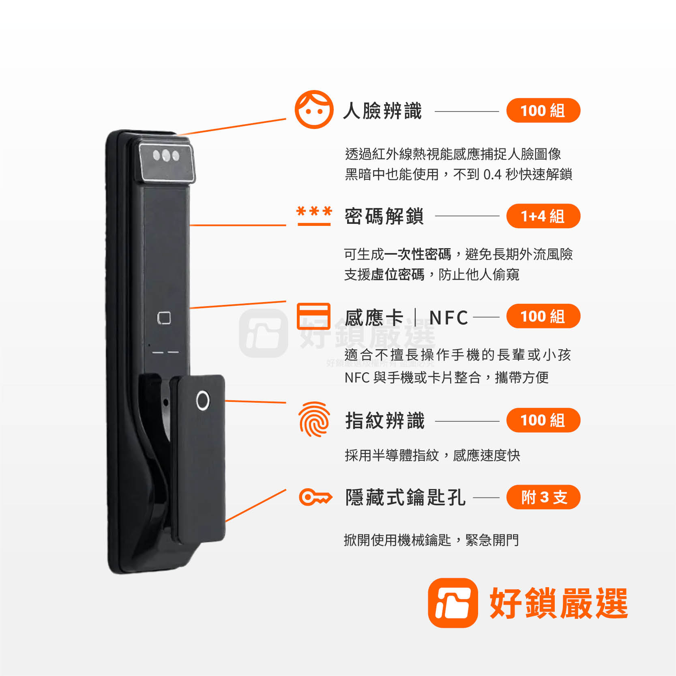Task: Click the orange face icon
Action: [314, 109]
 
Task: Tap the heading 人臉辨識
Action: [382, 111]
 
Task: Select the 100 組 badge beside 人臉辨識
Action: [543, 110]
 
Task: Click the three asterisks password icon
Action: [314, 215]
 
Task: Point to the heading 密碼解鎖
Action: [384, 216]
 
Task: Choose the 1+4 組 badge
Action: [543, 216]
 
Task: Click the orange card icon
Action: [313, 316]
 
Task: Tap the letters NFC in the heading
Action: [449, 318]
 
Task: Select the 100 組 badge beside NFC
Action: [543, 316]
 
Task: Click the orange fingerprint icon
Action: [314, 419]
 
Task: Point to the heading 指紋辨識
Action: [385, 421]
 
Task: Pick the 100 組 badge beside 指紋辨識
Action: [543, 420]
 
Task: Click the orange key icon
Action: [315, 497]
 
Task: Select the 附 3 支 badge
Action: [543, 497]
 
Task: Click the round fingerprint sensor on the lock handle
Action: [203, 401]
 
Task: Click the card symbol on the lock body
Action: [164, 318]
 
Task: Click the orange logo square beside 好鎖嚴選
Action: [453, 603]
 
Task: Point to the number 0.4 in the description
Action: [492, 174]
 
